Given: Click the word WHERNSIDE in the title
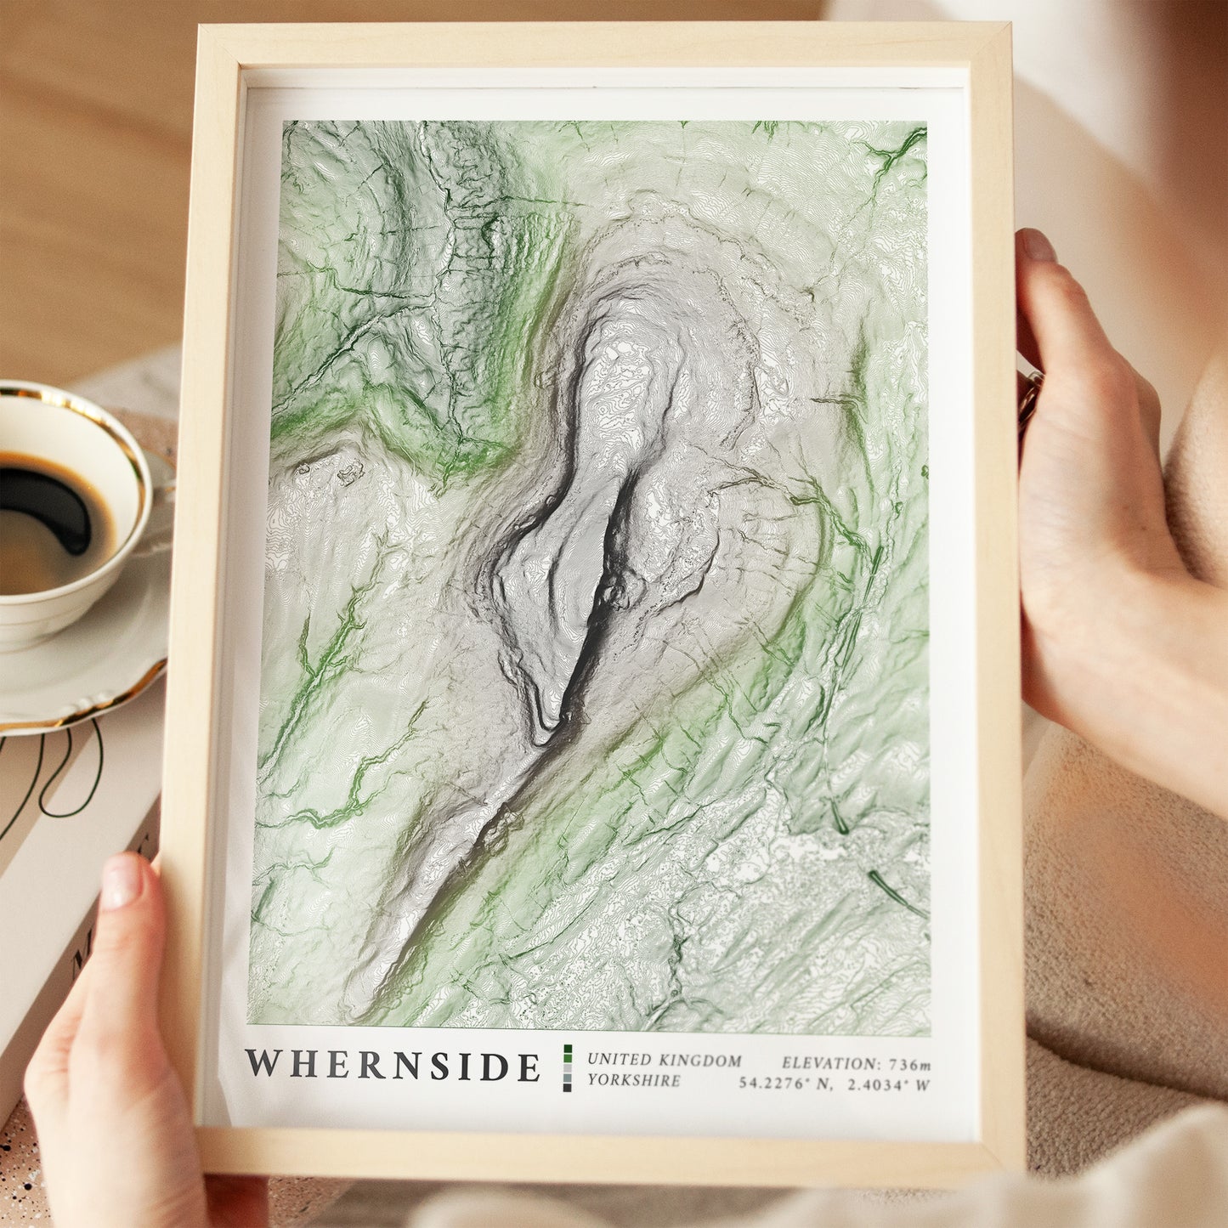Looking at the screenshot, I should coord(393,1066).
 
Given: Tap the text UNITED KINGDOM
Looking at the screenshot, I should coord(664,1061).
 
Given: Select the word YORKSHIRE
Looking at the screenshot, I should coord(633,1081).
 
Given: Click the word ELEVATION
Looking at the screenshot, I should coord(830,1063).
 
